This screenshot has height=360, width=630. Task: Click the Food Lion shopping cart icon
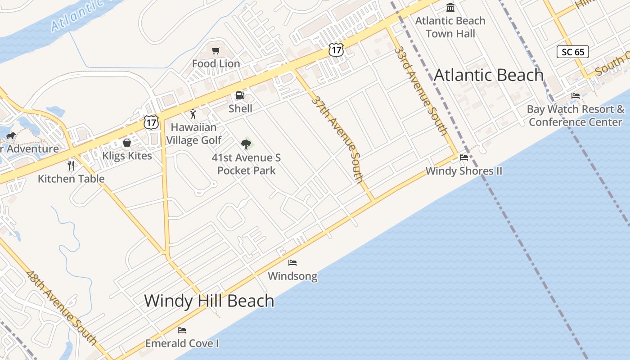[216, 50]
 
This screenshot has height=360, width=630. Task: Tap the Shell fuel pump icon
[240, 95]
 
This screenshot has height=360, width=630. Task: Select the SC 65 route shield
[573, 52]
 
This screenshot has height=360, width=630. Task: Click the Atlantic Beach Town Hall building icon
[450, 8]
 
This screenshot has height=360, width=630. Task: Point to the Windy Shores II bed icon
[464, 157]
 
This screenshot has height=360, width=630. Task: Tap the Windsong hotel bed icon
[292, 262]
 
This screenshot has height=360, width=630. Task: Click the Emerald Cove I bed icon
[182, 330]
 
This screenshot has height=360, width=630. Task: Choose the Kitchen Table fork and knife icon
[71, 165]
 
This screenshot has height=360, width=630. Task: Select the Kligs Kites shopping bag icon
[127, 143]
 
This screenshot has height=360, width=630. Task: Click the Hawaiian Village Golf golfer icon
[193, 113]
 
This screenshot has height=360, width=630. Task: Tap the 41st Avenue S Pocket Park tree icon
[246, 144]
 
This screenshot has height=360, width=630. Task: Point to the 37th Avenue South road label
[337, 139]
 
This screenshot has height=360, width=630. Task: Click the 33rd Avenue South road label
[421, 90]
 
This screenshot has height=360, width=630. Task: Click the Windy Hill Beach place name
[209, 301]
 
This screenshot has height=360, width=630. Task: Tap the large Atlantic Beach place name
[489, 75]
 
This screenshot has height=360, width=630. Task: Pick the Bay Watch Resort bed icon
[576, 95]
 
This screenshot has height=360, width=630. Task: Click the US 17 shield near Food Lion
[336, 49]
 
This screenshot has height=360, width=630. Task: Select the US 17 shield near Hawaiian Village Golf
[152, 121]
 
